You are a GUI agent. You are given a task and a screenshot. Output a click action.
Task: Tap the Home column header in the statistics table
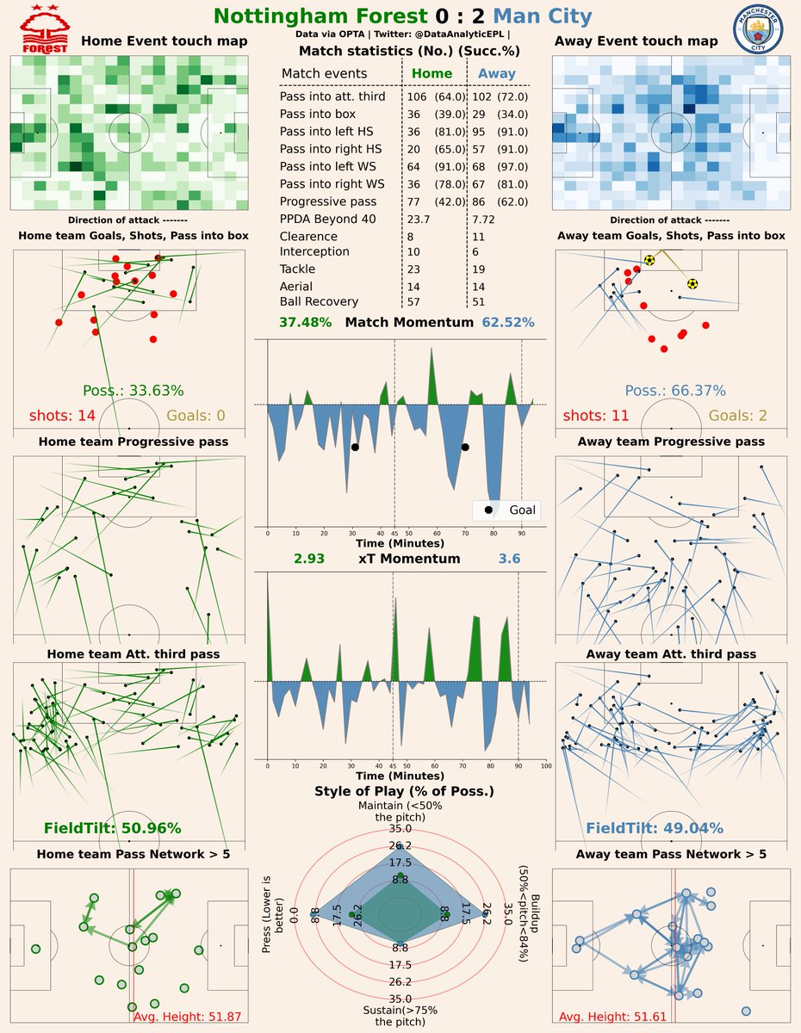432,74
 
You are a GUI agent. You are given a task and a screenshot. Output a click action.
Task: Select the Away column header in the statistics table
497,74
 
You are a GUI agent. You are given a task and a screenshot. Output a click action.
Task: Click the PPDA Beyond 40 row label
327,220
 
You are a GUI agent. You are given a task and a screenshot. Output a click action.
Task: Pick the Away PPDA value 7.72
487,220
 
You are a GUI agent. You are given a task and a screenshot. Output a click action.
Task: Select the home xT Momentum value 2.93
309,559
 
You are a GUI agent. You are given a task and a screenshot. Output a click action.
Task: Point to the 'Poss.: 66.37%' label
675,390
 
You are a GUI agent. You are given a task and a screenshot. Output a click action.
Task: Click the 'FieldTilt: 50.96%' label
112,829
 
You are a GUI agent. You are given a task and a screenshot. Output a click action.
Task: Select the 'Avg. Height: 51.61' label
612,1017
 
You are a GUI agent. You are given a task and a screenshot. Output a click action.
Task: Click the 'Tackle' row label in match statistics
298,269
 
